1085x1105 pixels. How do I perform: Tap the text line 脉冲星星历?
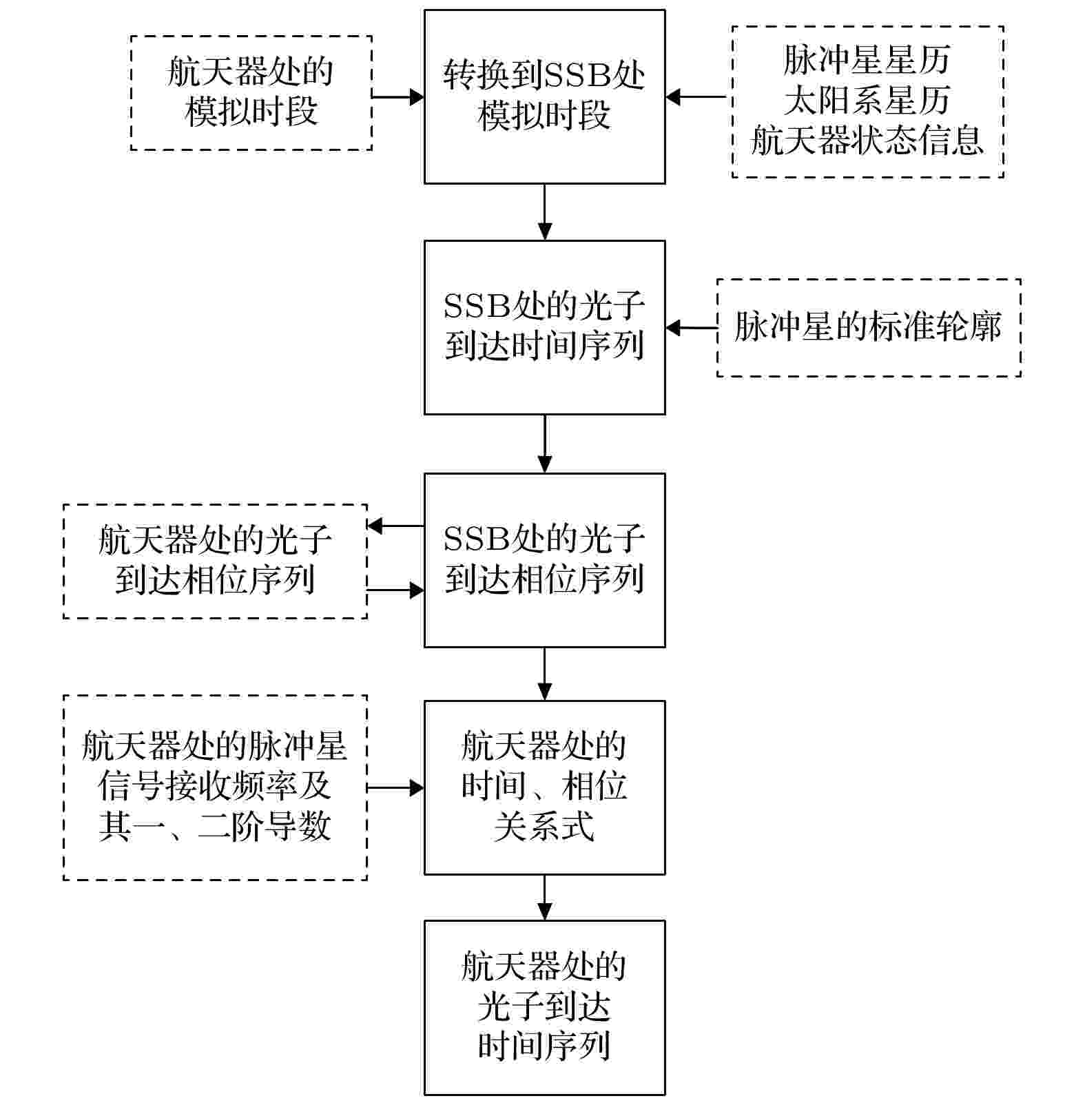(867, 60)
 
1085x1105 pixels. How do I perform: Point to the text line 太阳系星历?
(867, 101)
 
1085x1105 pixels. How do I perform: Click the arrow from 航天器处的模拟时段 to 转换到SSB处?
(398, 97)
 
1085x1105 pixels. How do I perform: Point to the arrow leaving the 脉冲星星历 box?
(696, 97)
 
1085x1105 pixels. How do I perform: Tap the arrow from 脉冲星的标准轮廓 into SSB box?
(691, 328)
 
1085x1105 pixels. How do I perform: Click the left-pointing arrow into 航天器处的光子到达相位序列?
(395, 526)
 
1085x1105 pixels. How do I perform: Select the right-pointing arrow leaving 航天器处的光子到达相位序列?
(395, 590)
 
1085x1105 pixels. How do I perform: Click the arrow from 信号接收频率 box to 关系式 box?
(395, 787)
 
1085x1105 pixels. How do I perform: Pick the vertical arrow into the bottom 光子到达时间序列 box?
(545, 898)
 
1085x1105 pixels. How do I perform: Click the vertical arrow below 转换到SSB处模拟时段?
(545, 212)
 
